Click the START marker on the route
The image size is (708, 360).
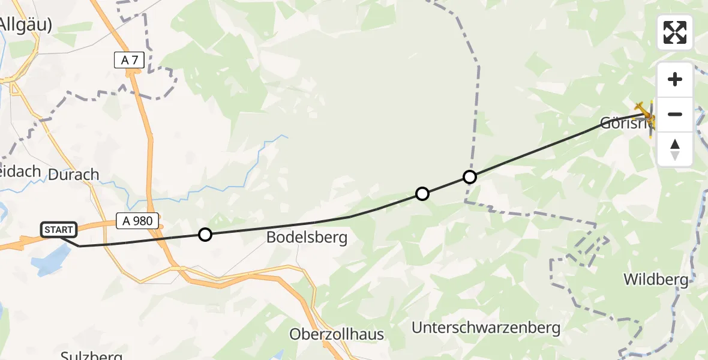(x=59, y=229)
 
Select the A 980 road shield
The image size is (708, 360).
(x=138, y=221)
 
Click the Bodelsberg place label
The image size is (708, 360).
(x=307, y=238)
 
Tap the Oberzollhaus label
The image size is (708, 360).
(x=336, y=334)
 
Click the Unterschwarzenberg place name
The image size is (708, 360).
(x=486, y=328)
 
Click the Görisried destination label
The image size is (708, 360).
(x=624, y=124)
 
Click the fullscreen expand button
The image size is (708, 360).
(x=675, y=32)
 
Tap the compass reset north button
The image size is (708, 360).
(x=675, y=149)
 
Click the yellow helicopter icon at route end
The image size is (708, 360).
(x=646, y=114)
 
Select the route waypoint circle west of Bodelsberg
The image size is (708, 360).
(x=205, y=235)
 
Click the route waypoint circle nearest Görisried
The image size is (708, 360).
(x=470, y=177)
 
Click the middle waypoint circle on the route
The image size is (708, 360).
(x=422, y=194)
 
